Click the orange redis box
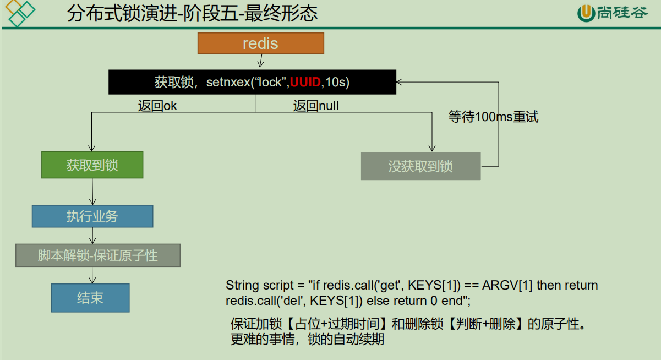click(x=261, y=43)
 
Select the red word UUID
click(x=305, y=83)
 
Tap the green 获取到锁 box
click(x=92, y=165)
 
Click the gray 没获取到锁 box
click(x=420, y=166)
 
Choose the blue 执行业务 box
click(x=92, y=216)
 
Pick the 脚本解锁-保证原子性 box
click(x=97, y=255)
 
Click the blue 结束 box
click(x=90, y=298)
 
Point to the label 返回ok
click(x=157, y=106)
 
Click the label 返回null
click(x=316, y=106)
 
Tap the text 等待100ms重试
click(x=493, y=117)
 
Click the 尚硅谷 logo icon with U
click(x=587, y=13)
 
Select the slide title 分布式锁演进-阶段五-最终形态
click(x=192, y=14)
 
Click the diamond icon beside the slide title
click(x=20, y=13)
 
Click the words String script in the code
click(x=258, y=285)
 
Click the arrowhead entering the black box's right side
click(x=400, y=82)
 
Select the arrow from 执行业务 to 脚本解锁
click(x=92, y=236)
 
